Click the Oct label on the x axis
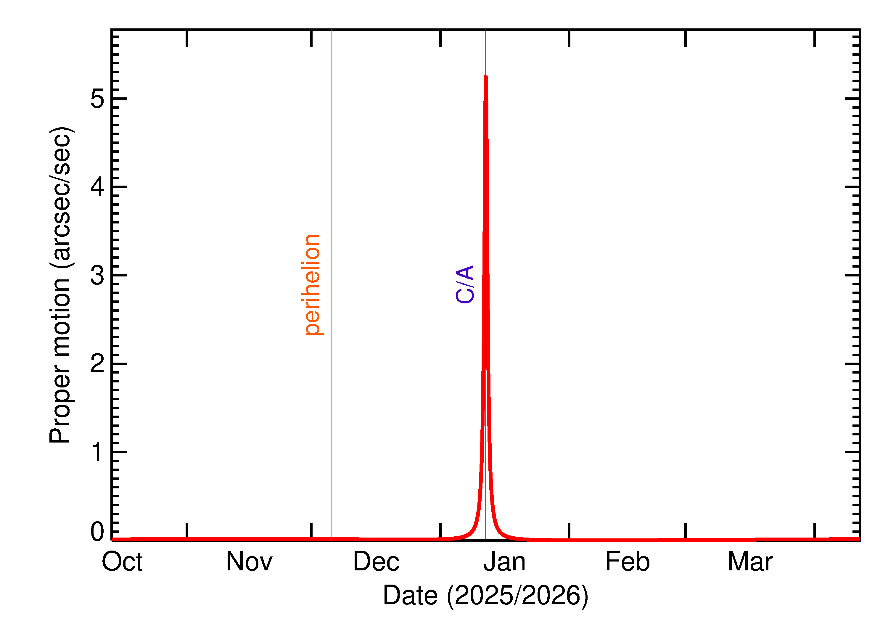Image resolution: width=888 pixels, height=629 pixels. point(122,562)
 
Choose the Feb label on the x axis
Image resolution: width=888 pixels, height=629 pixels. point(627,562)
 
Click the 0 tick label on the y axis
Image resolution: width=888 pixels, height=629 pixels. point(97,532)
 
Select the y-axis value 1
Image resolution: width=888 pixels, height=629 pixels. point(97,452)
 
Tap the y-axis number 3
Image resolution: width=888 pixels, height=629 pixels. point(97,275)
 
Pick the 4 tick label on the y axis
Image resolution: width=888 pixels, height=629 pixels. point(97,187)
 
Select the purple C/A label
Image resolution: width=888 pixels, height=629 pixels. point(465,284)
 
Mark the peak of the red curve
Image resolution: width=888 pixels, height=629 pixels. point(486,76)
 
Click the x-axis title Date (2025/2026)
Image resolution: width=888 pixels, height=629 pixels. point(486,595)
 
